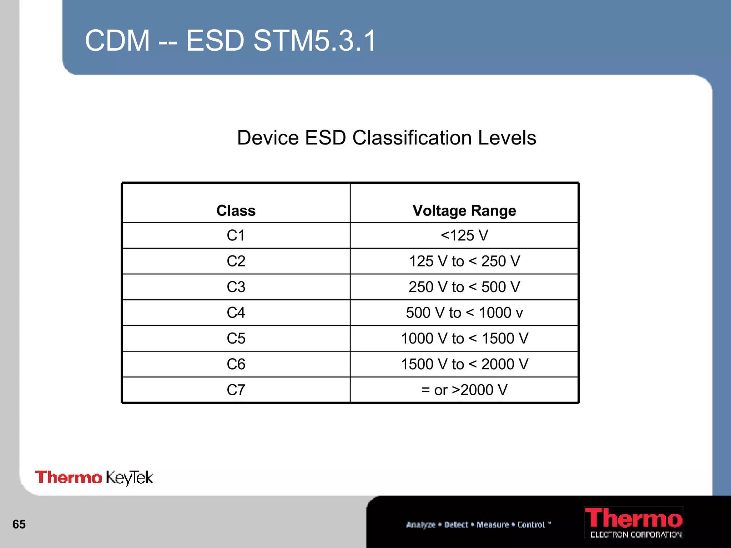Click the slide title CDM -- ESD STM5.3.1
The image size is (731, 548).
[x=231, y=40]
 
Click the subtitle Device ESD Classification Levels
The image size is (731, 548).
[x=387, y=138]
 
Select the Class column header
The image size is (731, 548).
[x=236, y=210]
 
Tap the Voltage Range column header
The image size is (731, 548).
[x=464, y=210]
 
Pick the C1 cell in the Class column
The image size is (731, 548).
[x=236, y=235]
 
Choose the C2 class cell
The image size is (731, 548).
[x=236, y=261]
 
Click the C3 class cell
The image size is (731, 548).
[x=236, y=287]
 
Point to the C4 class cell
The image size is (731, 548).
[x=236, y=313]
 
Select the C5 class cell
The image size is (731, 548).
[x=236, y=338]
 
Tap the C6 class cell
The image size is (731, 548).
[x=236, y=364]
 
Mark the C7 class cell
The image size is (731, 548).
[x=236, y=390]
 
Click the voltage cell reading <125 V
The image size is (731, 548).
[x=464, y=235]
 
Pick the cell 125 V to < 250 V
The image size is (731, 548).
[x=464, y=261]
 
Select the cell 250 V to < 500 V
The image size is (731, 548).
[x=464, y=287]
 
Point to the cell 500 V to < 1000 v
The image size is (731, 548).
[x=464, y=313]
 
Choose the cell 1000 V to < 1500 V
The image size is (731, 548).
[x=464, y=338]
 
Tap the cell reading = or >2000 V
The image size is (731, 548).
[x=464, y=390]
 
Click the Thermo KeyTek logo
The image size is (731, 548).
[x=94, y=477]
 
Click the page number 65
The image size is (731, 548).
[x=19, y=524]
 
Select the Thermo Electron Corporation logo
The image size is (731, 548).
[x=634, y=522]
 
